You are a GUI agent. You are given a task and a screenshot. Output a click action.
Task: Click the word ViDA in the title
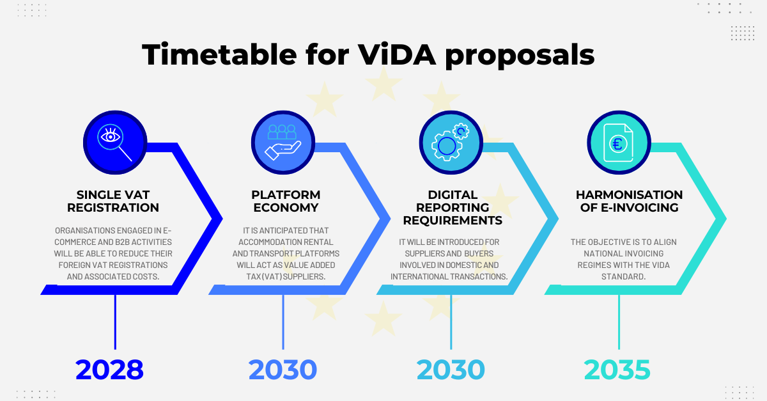pos(397,54)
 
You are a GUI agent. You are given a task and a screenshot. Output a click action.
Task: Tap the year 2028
pos(109,370)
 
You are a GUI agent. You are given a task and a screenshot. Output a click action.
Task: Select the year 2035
pos(617,370)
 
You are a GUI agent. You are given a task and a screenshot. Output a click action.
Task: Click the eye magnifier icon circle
pos(115,142)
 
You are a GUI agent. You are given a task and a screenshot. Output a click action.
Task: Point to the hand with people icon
pos(283,142)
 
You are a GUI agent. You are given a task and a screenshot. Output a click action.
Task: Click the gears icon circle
pos(451,142)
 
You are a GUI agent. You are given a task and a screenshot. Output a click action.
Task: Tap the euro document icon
pos(619,142)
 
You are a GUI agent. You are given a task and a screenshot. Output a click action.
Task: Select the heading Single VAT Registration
pos(113,201)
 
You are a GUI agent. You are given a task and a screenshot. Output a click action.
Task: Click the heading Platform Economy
pos(286,201)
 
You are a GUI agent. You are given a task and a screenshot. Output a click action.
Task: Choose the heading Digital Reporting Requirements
pos(453,207)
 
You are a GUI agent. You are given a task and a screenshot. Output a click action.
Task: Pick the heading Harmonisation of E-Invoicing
pos(630,201)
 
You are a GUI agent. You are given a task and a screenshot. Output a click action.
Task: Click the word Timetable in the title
pos(219,54)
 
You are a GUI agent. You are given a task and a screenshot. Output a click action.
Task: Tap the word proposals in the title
pos(520,56)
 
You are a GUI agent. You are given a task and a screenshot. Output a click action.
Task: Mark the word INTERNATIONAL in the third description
pos(419,276)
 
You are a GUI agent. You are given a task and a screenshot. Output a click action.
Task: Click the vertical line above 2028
pos(115,322)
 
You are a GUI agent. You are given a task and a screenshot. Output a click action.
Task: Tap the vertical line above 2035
pos(619,322)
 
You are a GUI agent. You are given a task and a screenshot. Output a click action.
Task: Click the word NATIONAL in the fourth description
pos(600,253)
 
